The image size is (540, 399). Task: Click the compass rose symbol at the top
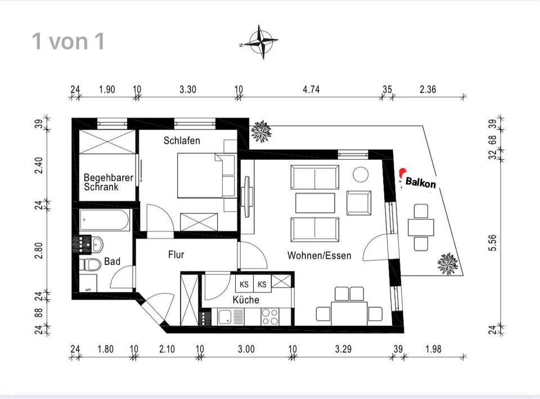point(259,42)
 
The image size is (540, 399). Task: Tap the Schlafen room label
point(182,140)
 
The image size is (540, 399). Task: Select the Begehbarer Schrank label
point(109,182)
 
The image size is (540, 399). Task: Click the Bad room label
point(112,262)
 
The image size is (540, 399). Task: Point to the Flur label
point(176,254)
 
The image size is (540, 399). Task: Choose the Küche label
point(246,300)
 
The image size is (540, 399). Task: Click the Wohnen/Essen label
point(319,255)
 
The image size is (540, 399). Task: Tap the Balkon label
point(420,183)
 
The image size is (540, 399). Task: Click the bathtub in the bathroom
point(105,220)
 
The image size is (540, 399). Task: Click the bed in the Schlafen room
point(206,176)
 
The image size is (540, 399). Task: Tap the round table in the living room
point(360,174)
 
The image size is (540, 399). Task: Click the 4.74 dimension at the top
point(311,89)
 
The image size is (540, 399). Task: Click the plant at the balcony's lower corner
point(448,263)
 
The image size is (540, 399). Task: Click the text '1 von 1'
point(68,42)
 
